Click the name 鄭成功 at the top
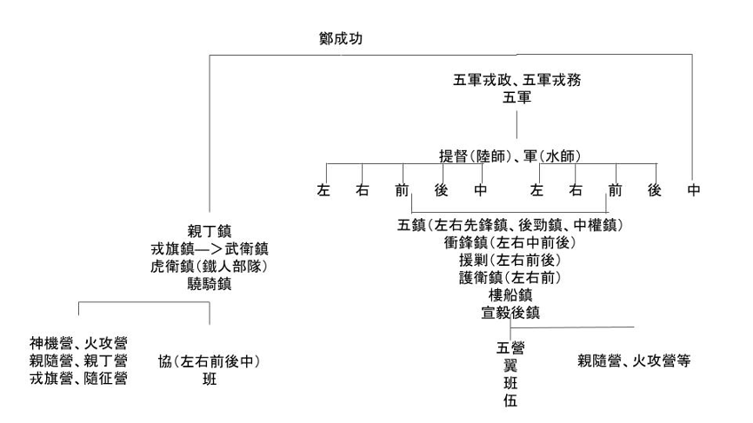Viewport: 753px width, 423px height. [341, 38]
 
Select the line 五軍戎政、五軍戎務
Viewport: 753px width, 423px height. [516, 80]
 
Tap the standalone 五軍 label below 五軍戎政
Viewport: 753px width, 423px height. [516, 97]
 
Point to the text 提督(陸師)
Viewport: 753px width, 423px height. [475, 156]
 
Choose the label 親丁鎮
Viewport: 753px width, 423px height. [210, 231]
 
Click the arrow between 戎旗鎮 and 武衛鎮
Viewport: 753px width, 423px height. [209, 249]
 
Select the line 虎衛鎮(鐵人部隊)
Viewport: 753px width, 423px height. [209, 266]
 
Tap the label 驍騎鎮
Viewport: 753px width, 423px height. [210, 284]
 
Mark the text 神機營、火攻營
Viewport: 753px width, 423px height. [79, 343]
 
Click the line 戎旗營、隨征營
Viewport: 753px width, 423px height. [79, 379]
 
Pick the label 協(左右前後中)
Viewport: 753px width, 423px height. [209, 361]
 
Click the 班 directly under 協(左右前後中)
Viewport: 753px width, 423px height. [210, 379]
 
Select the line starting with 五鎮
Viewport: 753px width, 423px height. [510, 225]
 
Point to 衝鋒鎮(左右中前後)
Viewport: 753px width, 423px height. [510, 242]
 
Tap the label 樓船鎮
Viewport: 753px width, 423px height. [510, 295]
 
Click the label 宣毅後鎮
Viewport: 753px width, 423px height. [510, 313]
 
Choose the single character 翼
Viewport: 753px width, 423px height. [510, 366]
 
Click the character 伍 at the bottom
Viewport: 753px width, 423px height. [510, 400]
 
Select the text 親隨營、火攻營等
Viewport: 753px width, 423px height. [634, 360]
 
